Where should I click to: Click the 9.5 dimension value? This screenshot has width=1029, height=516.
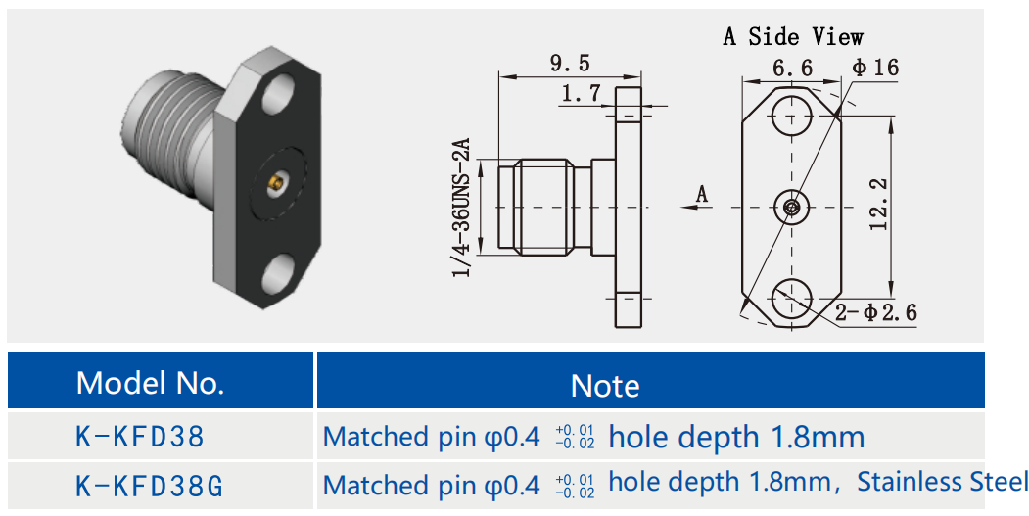click(570, 64)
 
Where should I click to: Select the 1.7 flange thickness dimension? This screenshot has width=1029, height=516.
click(581, 94)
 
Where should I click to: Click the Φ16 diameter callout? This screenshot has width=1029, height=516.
click(874, 68)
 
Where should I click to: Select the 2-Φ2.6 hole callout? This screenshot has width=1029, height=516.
click(876, 313)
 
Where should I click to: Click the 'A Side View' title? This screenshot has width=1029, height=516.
click(793, 37)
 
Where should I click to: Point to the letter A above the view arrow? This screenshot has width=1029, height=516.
click(701, 195)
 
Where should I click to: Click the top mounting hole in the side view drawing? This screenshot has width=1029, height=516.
click(791, 116)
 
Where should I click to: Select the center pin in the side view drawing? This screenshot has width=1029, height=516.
click(791, 207)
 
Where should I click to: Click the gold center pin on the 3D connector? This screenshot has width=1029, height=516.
click(277, 182)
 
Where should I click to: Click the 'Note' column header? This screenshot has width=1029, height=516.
click(605, 385)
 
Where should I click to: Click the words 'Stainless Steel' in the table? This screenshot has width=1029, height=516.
click(943, 482)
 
